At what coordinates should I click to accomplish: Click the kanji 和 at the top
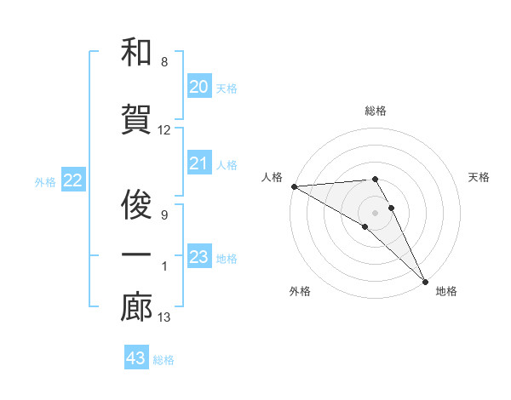point(136,53)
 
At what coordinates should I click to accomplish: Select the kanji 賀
point(136,121)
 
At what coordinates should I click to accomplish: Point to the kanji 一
point(136,255)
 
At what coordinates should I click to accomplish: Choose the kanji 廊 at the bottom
point(136,308)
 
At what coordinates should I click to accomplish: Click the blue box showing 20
point(199,87)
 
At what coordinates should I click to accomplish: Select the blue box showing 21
point(199,163)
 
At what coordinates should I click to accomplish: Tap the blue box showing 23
point(199,257)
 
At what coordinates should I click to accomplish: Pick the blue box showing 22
point(73,180)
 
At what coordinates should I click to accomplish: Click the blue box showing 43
point(136,358)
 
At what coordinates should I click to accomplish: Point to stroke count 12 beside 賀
point(164,130)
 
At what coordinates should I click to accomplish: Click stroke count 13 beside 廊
point(164,317)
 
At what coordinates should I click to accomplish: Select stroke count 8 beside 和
point(164,62)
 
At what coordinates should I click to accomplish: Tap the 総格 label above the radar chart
point(376,111)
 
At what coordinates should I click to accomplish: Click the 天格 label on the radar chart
point(479,177)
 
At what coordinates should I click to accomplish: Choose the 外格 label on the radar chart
point(300,291)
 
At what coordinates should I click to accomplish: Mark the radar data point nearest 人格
point(294,186)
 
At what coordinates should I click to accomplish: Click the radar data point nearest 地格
point(424,279)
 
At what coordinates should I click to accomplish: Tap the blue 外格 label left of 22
point(45,181)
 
